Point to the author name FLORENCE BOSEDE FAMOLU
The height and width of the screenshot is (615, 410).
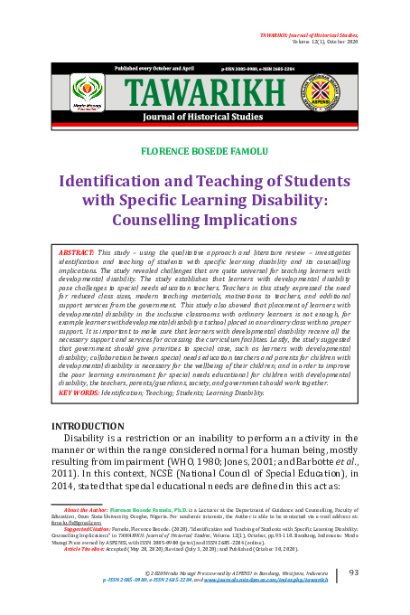pyautogui.click(x=205, y=148)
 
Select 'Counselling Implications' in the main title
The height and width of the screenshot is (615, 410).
pyautogui.click(x=205, y=219)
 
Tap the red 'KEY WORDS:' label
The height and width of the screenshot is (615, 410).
pyautogui.click(x=79, y=393)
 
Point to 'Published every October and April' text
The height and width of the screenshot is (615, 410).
pyautogui.click(x=154, y=68)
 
